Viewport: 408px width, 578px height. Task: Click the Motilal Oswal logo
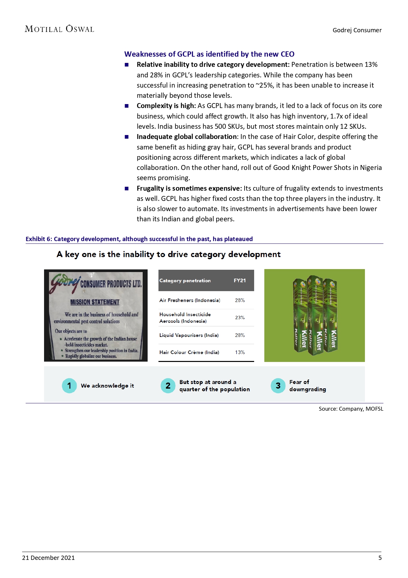tap(60, 29)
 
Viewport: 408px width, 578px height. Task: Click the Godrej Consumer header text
tap(357, 30)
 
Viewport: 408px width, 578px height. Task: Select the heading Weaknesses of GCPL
tap(209, 54)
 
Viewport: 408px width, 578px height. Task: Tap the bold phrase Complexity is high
tap(166, 106)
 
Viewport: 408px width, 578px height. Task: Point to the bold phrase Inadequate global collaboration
tap(186, 137)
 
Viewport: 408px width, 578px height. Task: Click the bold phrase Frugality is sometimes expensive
tap(189, 188)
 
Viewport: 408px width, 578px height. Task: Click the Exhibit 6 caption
tap(139, 239)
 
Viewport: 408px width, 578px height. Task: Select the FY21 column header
tap(240, 281)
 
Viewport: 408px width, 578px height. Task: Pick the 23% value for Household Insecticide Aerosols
tap(240, 318)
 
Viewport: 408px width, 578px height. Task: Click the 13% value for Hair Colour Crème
tap(240, 352)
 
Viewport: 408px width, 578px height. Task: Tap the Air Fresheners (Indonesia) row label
tap(190, 300)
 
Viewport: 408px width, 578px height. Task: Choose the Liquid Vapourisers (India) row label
tap(189, 335)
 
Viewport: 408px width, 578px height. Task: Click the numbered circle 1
tap(69, 386)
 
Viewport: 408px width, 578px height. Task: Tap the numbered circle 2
tap(168, 386)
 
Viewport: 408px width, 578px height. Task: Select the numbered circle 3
tap(278, 386)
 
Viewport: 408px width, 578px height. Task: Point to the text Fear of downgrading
tap(307, 386)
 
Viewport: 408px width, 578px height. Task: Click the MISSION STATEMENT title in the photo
tap(95, 302)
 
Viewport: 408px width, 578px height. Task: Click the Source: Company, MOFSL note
tap(351, 409)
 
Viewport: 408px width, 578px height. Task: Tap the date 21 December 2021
tap(48, 558)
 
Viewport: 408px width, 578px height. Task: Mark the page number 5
tap(380, 558)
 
